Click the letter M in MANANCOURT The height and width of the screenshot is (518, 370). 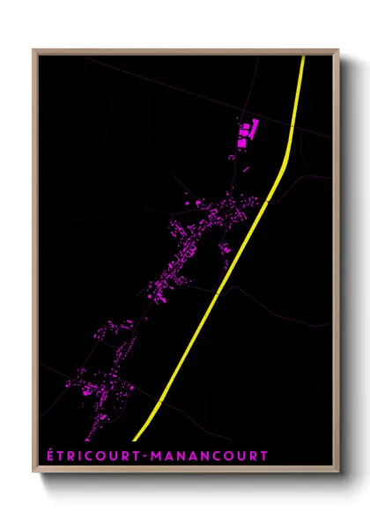tap(157, 455)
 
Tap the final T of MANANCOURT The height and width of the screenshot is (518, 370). tap(263, 455)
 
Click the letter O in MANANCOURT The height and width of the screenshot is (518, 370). tap(226, 455)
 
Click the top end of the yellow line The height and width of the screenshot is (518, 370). tap(303, 57)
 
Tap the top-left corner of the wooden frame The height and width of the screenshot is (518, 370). tap(34, 50)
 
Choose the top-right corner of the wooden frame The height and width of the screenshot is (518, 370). tap(338, 50)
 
